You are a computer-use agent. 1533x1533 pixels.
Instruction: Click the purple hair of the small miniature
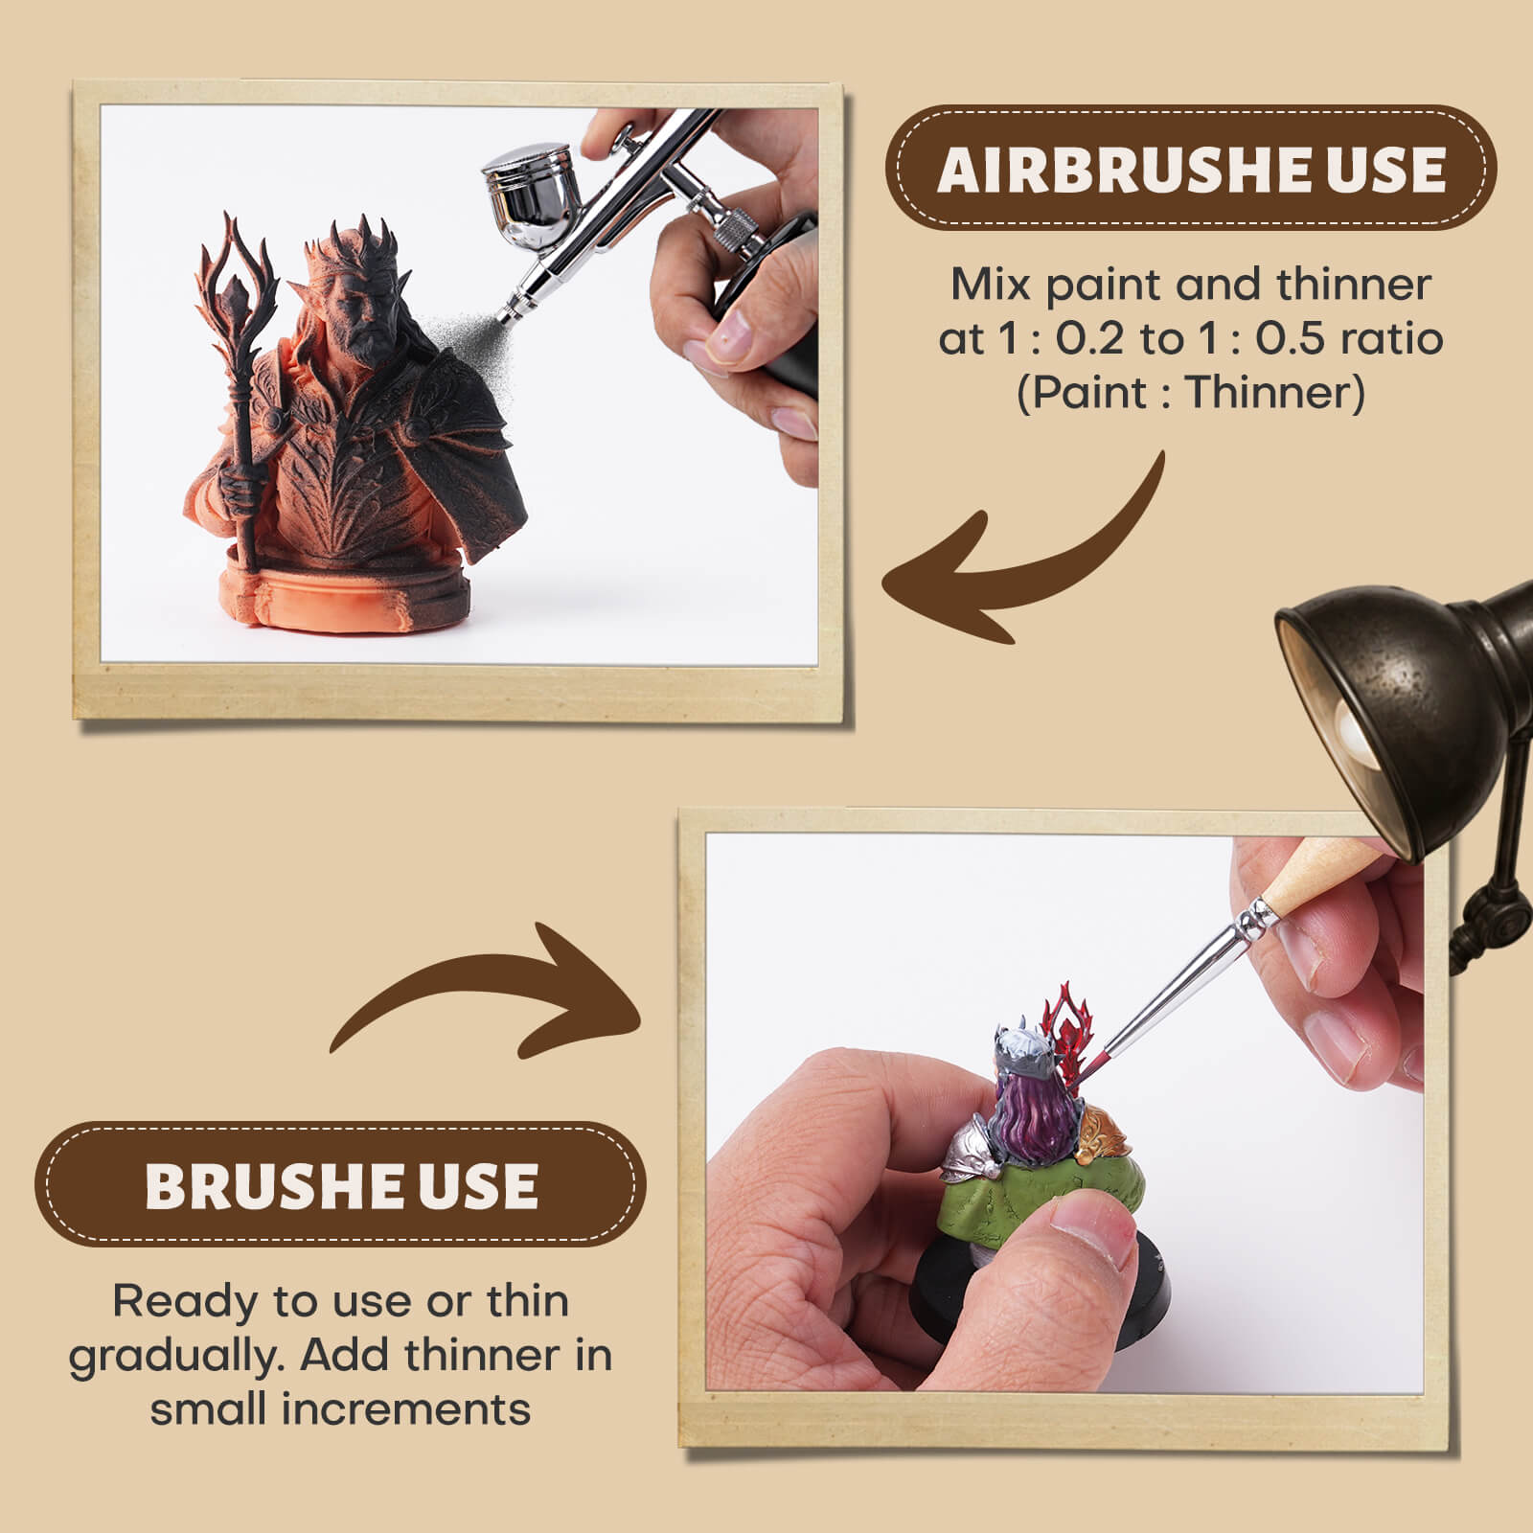coord(1034,1112)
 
